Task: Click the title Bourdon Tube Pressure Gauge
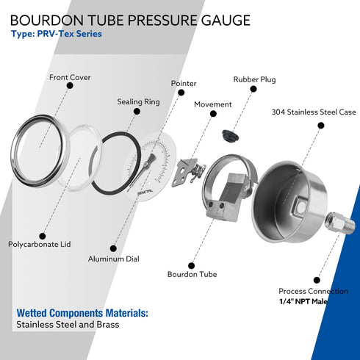click(130, 19)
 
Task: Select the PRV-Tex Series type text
click(57, 34)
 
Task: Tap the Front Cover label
click(70, 76)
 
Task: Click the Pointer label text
click(184, 84)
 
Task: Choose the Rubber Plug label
click(254, 79)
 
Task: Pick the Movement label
click(213, 104)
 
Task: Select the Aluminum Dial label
click(113, 259)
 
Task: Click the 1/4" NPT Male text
click(303, 301)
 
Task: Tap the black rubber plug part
click(231, 135)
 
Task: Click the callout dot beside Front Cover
click(70, 86)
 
